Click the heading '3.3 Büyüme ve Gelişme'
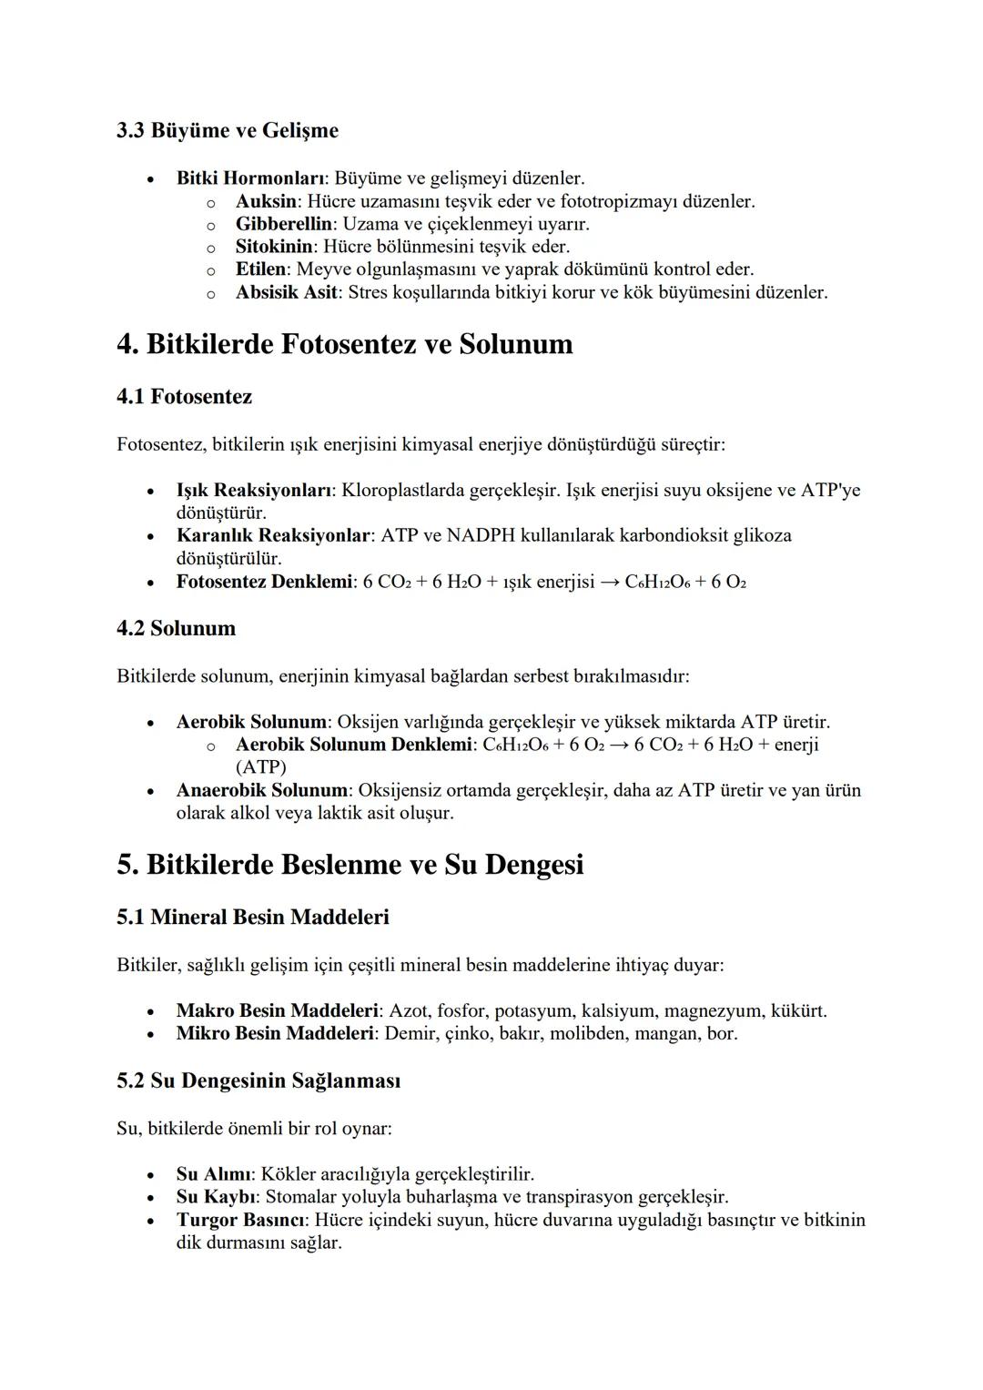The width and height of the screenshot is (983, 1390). coord(228,131)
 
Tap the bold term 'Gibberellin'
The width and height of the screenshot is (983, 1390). coord(283,224)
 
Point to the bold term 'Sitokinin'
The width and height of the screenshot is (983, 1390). coord(274,247)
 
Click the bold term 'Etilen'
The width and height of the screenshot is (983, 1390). coord(260,269)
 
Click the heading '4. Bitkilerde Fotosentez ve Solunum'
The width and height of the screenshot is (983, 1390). coord(345,344)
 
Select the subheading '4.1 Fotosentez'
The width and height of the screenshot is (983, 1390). coord(184,397)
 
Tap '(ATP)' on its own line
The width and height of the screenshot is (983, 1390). coord(260,767)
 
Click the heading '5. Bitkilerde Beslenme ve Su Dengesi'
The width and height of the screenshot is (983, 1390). coord(350,865)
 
